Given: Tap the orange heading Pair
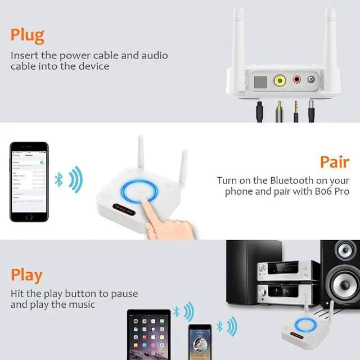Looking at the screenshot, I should pyautogui.click(x=335, y=162).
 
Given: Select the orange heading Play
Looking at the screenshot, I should pyautogui.click(x=26, y=275).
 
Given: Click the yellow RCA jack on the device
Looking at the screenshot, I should pyautogui.click(x=280, y=80).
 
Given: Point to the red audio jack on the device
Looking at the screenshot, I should pyautogui.click(x=296, y=80).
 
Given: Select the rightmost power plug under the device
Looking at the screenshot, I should pyautogui.click(x=310, y=111).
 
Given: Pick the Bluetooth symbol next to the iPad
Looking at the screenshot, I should pyautogui.click(x=176, y=311).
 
